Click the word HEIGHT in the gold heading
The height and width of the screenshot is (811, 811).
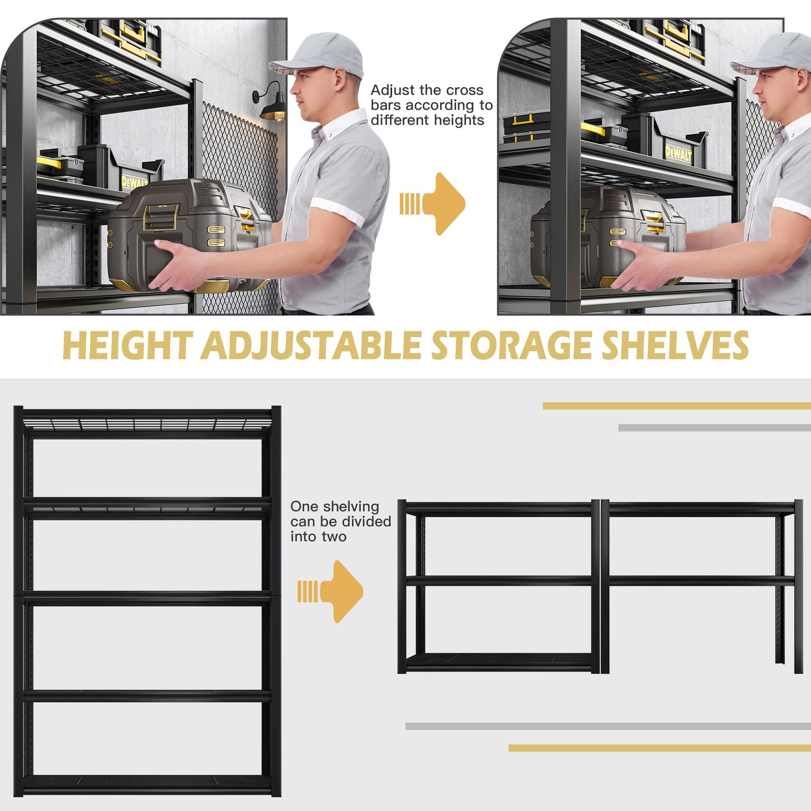[128, 345]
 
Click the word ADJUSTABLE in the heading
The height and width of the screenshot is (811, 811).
[311, 345]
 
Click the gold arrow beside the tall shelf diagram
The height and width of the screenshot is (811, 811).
[335, 591]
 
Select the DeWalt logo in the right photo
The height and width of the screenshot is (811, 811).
[678, 154]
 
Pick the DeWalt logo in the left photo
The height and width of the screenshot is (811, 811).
[134, 181]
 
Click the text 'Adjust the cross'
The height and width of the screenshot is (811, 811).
[427, 90]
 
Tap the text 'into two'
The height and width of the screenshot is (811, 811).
[318, 537]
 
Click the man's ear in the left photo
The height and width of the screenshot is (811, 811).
[338, 79]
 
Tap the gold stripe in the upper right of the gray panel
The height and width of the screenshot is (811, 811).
[676, 406]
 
